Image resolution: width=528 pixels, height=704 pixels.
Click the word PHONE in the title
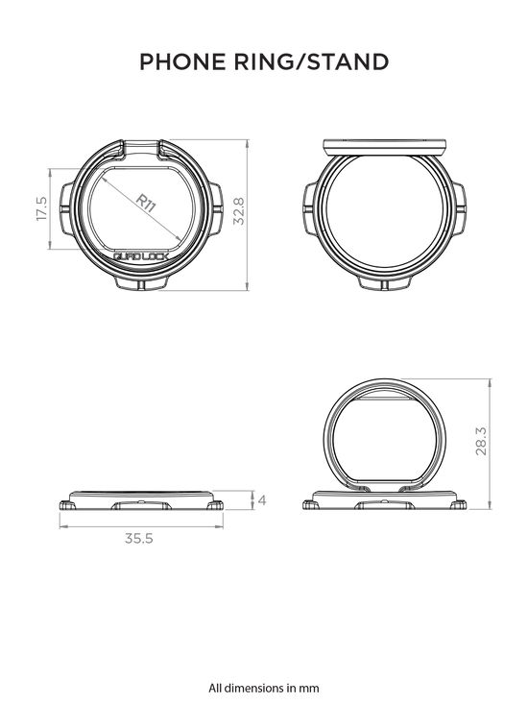182,62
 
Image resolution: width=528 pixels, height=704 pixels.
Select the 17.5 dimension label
41,208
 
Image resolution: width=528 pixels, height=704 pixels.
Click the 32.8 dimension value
239,211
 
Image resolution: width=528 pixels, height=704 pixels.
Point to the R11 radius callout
146,203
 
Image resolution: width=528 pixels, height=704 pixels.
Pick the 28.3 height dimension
481,442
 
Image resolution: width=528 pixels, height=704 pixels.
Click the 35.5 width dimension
139,538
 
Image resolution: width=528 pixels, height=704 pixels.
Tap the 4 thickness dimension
262,500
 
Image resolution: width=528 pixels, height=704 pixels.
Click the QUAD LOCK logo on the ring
141,256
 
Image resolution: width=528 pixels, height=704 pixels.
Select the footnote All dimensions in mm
264,688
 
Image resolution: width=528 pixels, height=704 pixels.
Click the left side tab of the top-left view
65,208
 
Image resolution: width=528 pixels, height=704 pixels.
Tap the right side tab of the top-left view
215,208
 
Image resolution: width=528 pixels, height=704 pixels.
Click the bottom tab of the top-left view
141,283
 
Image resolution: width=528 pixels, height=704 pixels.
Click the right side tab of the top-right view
460,209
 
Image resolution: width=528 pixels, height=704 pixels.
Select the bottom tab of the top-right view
384,283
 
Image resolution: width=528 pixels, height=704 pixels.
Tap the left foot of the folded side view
66,505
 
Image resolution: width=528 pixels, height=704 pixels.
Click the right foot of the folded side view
216,505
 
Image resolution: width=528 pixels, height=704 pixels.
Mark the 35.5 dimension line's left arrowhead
62,526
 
